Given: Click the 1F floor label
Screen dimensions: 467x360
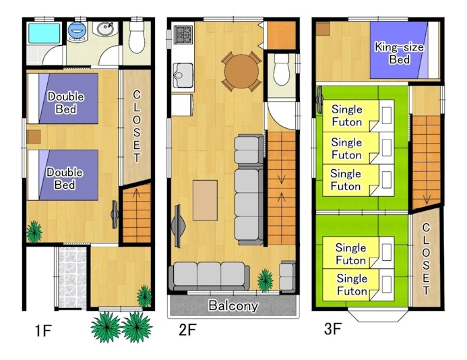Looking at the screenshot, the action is point(43,330).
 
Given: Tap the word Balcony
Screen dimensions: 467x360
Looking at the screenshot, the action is point(233,305).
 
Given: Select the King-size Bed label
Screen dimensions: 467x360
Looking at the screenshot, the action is point(399,53).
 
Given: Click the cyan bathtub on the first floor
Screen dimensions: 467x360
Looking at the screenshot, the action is point(44,34).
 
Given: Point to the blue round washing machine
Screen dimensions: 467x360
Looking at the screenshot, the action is point(77,30).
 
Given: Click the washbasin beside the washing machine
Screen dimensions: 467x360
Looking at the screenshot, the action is point(105,29).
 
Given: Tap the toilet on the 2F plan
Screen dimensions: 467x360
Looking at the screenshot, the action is point(282,69).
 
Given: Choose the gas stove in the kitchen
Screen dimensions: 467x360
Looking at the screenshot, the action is point(183,35).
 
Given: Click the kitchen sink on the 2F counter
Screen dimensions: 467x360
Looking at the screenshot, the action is point(183,76).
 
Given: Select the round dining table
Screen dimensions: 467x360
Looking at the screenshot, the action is point(241,71).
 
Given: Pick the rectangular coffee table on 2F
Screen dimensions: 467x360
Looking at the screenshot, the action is point(205,200).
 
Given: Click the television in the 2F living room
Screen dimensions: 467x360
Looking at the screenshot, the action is point(178,227).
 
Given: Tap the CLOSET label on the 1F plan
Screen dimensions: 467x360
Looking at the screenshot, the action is point(137,126).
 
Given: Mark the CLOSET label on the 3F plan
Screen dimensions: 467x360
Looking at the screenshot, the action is point(426,259).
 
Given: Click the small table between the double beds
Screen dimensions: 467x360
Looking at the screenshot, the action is point(34,137).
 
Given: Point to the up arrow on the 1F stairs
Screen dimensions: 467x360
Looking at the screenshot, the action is point(137,193).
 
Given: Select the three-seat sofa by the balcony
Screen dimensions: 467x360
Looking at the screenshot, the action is point(209,276).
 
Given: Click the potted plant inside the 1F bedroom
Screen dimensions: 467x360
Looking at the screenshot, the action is point(34,232).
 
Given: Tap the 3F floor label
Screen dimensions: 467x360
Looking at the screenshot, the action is point(333,329).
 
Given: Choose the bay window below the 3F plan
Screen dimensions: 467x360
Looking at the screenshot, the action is point(378,316).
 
